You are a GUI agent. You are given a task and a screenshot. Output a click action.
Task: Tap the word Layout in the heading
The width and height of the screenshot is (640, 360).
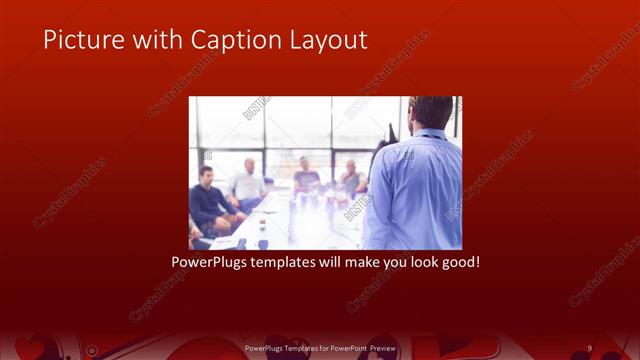click(x=328, y=39)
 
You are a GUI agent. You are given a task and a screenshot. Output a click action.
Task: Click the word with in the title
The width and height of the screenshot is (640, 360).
click(x=159, y=39)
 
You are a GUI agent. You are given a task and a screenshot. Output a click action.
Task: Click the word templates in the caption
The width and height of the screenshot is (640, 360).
click(x=292, y=262)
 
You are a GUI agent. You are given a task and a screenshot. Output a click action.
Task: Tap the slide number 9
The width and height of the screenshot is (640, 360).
click(x=589, y=347)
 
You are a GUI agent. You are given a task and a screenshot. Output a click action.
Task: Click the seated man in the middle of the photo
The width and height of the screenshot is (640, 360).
click(x=307, y=177)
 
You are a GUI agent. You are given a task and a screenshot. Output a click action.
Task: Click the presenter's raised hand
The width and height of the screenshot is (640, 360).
click(x=389, y=132)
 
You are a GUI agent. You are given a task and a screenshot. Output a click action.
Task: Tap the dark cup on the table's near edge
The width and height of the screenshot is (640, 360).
click(x=263, y=243)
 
